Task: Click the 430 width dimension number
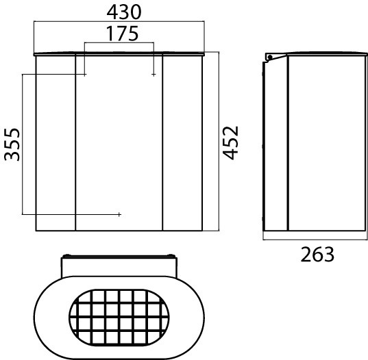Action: tap(124, 12)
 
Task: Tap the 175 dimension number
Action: tap(122, 34)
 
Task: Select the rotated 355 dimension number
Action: tap(12, 144)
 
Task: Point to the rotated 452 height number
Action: tap(230, 143)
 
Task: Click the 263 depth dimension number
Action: tap(317, 255)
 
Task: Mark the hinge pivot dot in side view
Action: tap(270, 57)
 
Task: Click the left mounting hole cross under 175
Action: tap(85, 75)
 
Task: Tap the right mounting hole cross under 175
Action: tap(154, 75)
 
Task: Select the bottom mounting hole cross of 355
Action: tap(119, 214)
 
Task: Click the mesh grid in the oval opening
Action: tap(119, 318)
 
